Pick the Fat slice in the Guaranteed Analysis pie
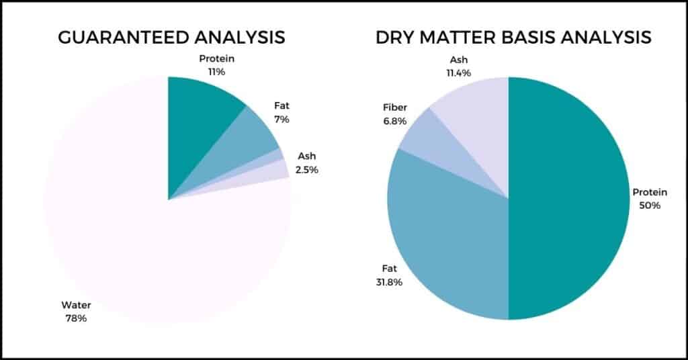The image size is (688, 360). click(x=246, y=140)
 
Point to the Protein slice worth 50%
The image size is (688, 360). click(x=570, y=198)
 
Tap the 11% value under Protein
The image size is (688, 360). click(x=217, y=72)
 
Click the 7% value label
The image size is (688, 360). click(x=282, y=120)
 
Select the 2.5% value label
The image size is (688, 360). click(x=306, y=170)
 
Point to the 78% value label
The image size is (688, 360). click(x=77, y=318)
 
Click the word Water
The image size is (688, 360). click(x=77, y=305)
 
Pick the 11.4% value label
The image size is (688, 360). click(x=458, y=73)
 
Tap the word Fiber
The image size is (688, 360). click(x=395, y=107)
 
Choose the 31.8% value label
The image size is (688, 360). click(x=389, y=282)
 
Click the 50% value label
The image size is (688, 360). click(x=650, y=206)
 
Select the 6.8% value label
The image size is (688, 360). click(x=395, y=121)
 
